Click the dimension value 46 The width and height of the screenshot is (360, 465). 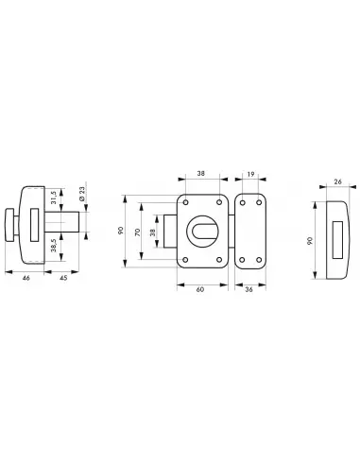point(26,278)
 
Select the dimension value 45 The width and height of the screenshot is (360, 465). point(63,278)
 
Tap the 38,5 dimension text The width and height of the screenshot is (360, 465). point(54,245)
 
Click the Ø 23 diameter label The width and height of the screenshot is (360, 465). point(82,194)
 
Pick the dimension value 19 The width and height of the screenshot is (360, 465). point(250,174)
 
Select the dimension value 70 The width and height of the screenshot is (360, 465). point(137,232)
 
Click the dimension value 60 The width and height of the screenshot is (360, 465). point(200,289)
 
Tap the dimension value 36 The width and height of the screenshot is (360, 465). point(249,289)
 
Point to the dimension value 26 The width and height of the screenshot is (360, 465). point(337,181)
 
